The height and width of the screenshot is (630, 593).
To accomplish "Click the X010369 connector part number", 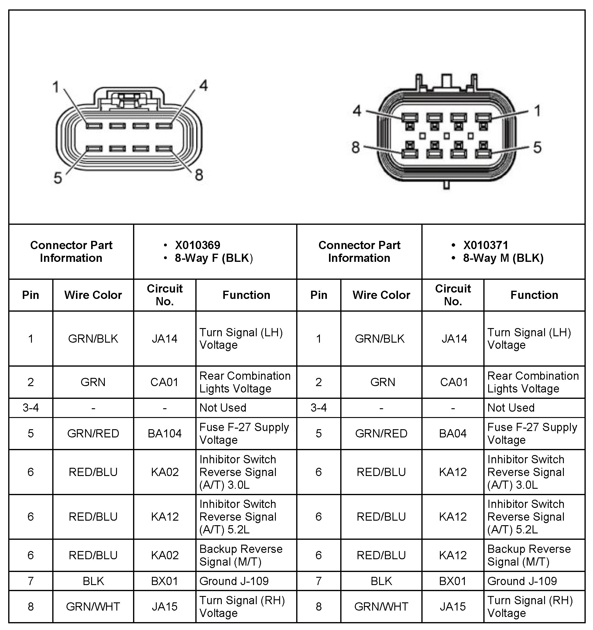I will pos(197,245).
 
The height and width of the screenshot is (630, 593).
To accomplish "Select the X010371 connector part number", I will pos(485,245).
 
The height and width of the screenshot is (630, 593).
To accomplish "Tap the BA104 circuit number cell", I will pos(164,433).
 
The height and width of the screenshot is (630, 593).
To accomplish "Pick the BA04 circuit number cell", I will pos(453,433).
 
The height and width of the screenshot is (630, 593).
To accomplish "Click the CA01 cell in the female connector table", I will pos(164,382).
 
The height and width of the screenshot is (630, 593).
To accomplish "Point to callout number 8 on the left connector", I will pos(199,175).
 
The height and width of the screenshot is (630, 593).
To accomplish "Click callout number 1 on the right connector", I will pos(537,111).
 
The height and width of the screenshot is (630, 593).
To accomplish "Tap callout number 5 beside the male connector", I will pos(537,147).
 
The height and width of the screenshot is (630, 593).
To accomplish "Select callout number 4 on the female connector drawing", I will pos(203,86).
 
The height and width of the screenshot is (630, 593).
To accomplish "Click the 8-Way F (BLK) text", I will pos(214,258).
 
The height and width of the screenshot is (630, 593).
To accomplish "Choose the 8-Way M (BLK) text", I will pos(503,258).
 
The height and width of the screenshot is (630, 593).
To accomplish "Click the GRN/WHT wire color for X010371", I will pos(381,607).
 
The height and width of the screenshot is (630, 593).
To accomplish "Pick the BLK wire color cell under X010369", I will pos(93,581).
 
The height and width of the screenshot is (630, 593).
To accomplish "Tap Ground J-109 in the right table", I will pos(522,581).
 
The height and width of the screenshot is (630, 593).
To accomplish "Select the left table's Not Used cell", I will pos(223,408).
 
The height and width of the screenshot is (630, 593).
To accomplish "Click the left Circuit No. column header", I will pos(164,295).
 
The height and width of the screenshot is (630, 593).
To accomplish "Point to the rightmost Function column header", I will pos(534,295).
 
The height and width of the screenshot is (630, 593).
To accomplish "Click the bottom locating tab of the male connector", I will pos(446,185).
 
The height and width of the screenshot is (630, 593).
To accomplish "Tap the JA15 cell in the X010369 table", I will pos(164,607).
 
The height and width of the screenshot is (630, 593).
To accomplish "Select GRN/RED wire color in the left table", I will pos(93,433).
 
